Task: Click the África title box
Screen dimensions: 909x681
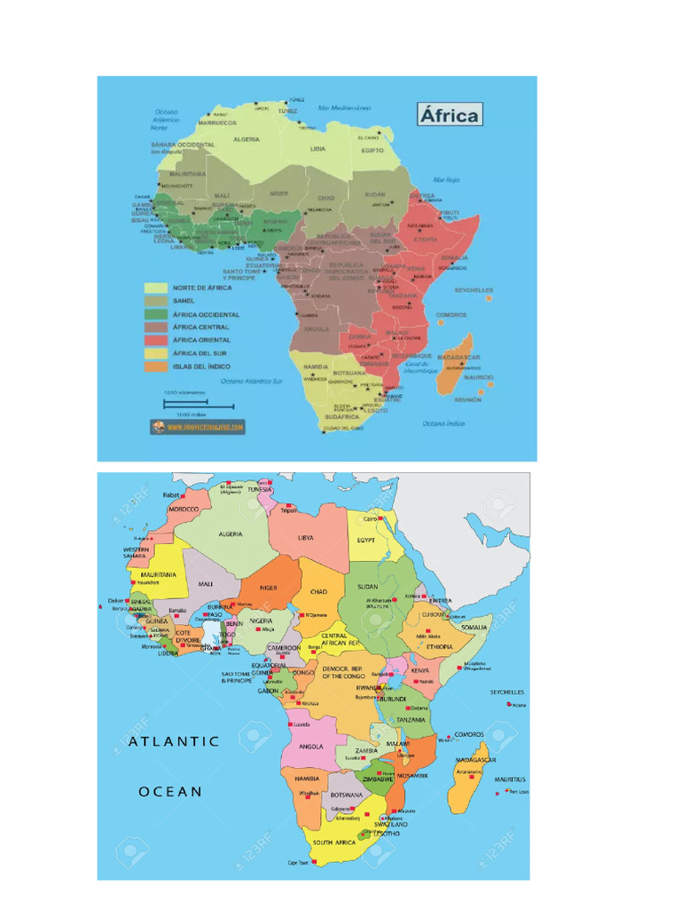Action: click(450, 114)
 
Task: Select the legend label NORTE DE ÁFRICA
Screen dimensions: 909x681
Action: click(202, 288)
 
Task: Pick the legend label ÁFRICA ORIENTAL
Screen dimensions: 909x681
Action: click(201, 339)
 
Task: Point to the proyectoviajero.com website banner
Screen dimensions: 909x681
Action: click(197, 426)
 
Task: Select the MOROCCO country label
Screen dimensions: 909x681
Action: click(184, 510)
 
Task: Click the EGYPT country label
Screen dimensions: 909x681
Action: click(365, 539)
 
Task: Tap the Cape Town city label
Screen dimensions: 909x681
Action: click(297, 863)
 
